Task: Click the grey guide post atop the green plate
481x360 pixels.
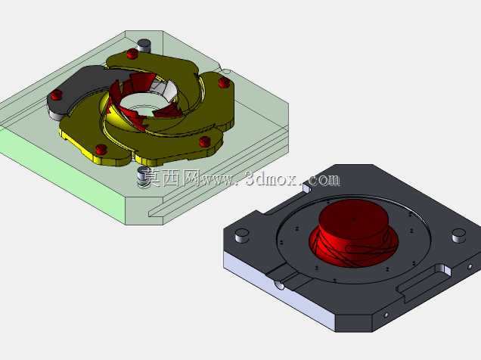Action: (144, 45)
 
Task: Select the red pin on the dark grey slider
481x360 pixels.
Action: (57, 95)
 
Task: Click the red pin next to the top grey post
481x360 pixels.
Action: (132, 54)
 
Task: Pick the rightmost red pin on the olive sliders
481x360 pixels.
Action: (224, 82)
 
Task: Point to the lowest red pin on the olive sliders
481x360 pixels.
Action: (101, 150)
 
